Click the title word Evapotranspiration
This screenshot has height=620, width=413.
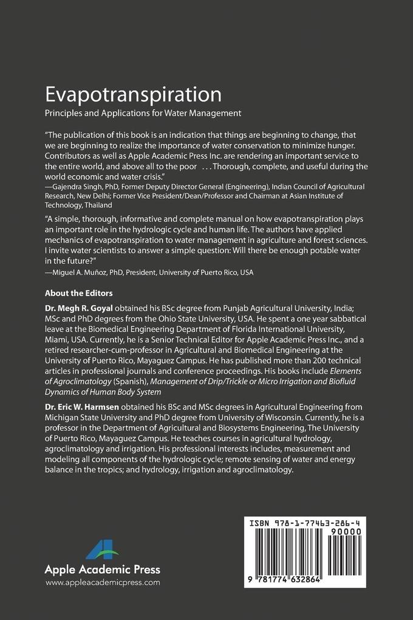(133, 95)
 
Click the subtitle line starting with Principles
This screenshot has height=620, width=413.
(143, 112)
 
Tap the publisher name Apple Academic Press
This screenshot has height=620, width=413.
(103, 570)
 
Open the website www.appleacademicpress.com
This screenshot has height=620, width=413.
(103, 582)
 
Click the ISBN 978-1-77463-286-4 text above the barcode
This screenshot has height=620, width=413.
(305, 522)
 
